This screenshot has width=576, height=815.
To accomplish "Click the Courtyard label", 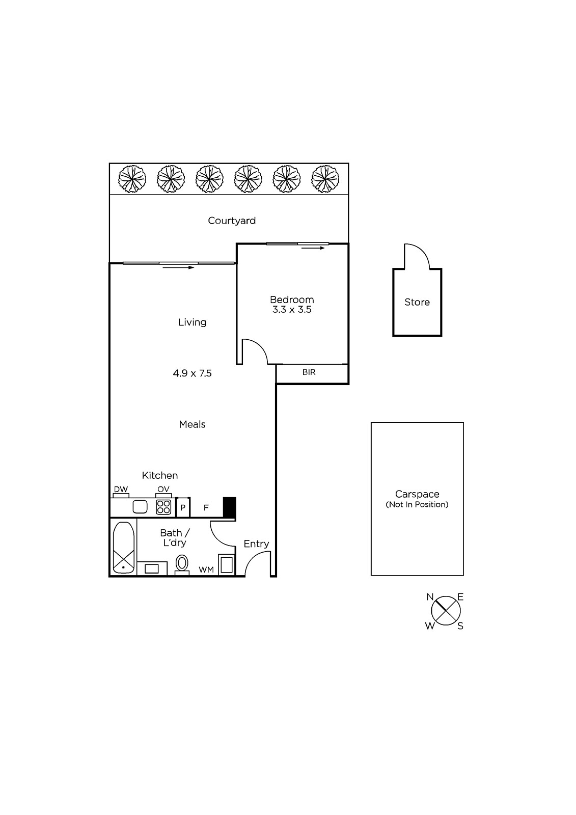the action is click(231, 221).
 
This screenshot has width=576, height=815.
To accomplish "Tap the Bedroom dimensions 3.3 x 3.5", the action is click(292, 310).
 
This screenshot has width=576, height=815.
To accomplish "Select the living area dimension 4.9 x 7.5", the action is click(192, 373).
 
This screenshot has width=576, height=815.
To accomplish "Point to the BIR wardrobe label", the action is click(309, 372).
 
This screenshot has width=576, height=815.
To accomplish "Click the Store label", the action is click(417, 302).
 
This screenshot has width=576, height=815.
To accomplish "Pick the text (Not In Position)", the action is click(417, 504).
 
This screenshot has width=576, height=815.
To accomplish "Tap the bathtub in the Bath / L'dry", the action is click(124, 548).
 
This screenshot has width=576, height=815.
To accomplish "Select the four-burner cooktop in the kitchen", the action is click(163, 507).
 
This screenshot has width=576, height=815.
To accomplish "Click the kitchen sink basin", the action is click(140, 507).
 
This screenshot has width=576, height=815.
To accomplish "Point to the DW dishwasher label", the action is click(121, 490).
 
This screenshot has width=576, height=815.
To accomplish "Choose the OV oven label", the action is click(163, 490).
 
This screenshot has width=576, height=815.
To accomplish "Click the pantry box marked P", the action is click(183, 507).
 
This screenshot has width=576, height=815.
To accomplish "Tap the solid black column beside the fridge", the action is click(229, 507).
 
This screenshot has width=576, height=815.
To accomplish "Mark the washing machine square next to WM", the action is click(226, 565).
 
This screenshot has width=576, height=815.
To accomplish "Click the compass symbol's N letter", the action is click(430, 597).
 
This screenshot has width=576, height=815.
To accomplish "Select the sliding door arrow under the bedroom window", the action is click(313, 248).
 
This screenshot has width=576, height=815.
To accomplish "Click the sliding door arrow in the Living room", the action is click(178, 268).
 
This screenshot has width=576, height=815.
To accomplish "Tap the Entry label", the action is click(256, 544).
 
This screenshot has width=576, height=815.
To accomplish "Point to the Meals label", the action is click(192, 424).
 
